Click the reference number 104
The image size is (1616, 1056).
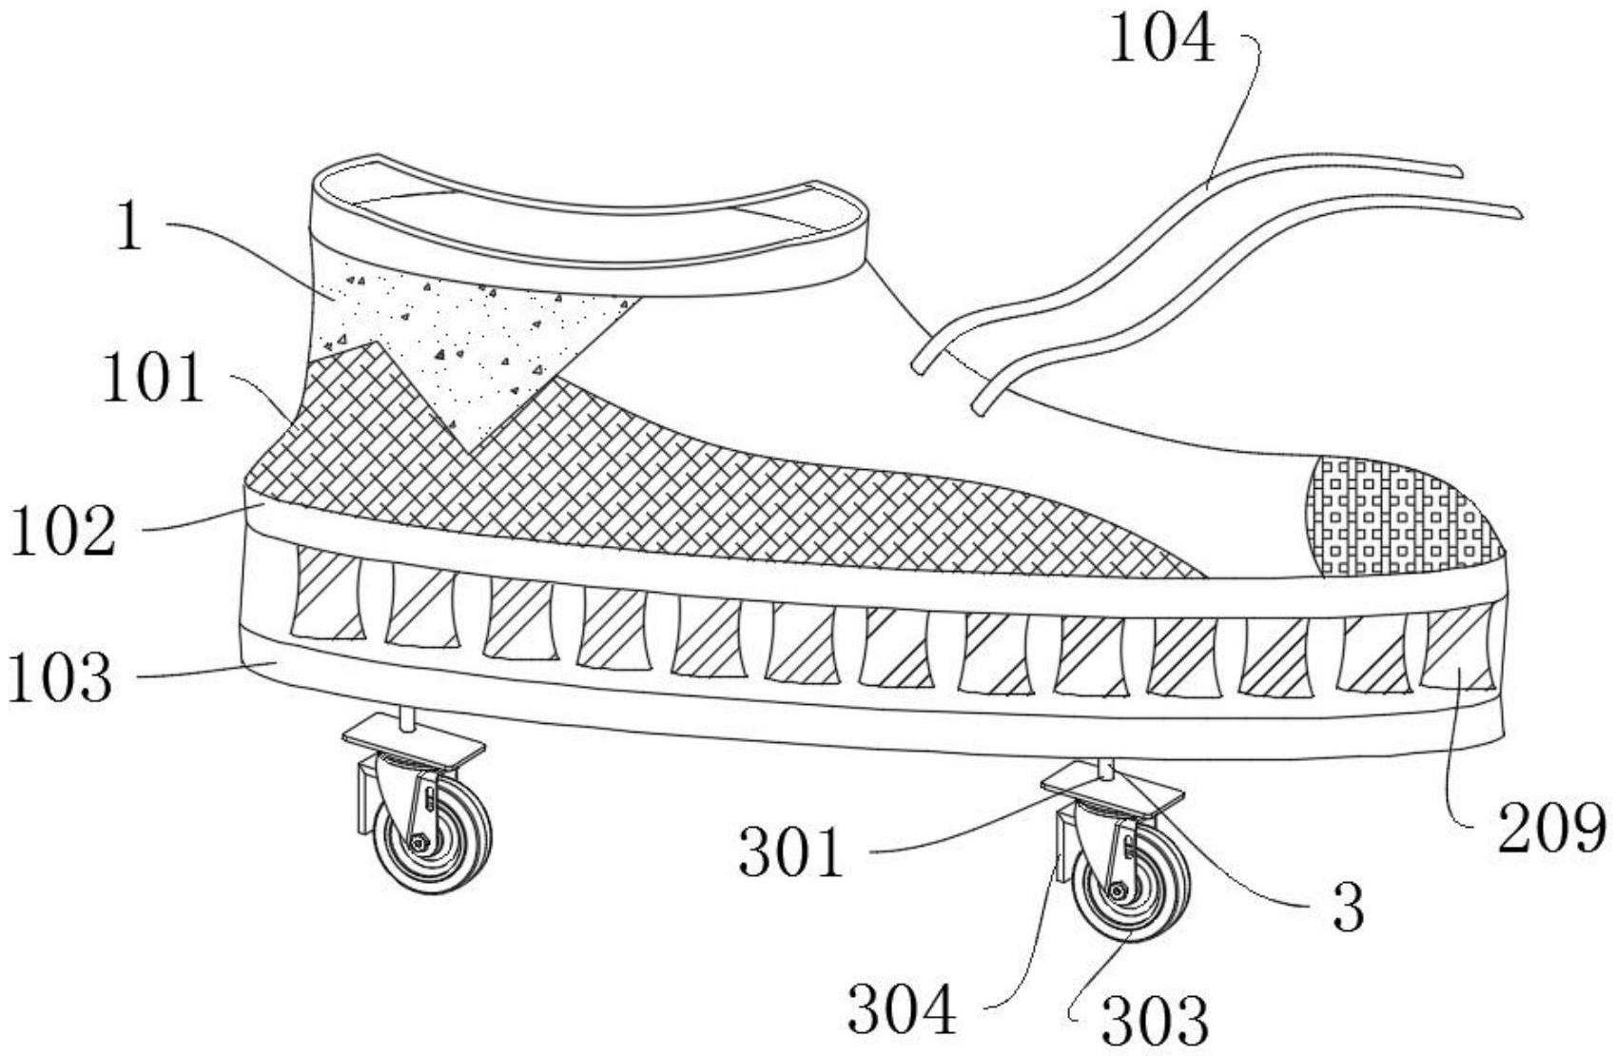coord(1162,41)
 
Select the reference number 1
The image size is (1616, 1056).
coord(128,226)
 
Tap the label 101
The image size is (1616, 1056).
coord(152,379)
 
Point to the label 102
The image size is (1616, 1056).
coord(63,530)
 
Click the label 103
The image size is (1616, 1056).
coord(61,676)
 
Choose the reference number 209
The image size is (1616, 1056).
coord(1551,828)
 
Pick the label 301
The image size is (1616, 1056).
coord(791,852)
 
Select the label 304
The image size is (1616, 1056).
coord(902,1009)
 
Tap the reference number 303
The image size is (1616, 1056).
coord(1155,1020)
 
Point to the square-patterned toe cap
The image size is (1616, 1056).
coord(1393,518)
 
